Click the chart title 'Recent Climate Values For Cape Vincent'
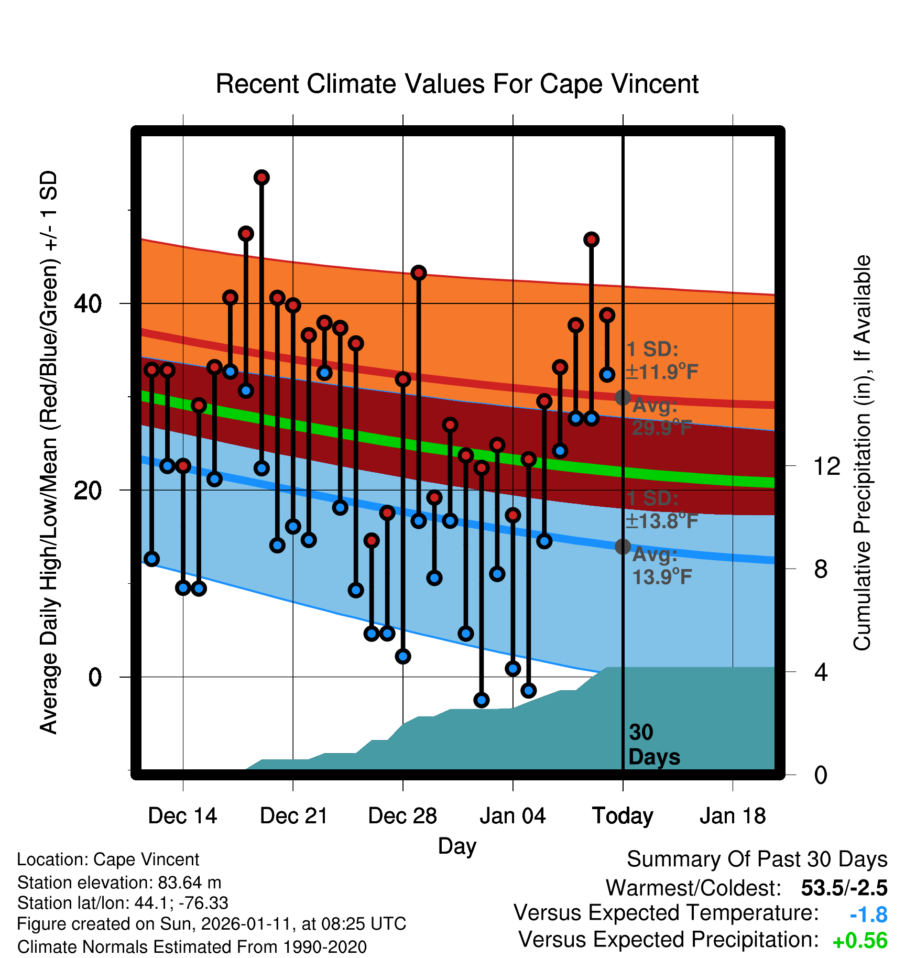(457, 84)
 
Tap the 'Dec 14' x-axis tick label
(182, 816)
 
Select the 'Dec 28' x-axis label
(402, 816)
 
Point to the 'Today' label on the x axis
(623, 816)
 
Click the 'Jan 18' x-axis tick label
(733, 816)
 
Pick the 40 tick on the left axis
(88, 303)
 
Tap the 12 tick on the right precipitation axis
(827, 466)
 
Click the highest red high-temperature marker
(261, 178)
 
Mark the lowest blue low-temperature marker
(482, 700)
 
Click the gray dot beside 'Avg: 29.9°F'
(623, 397)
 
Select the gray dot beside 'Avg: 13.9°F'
(623, 547)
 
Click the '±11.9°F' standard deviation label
(662, 372)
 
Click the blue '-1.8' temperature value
(868, 915)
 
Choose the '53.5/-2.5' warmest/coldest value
(844, 888)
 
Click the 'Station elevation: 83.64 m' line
(119, 883)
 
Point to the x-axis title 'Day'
(457, 846)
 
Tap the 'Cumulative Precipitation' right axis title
(862, 453)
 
